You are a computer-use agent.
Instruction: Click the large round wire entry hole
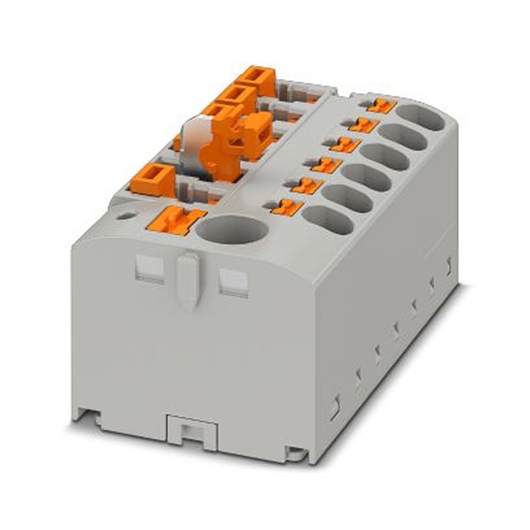[232, 229]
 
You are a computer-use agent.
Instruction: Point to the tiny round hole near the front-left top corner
[126, 216]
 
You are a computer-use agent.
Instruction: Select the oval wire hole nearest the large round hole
[328, 219]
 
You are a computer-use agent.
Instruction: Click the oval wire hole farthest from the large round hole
[420, 117]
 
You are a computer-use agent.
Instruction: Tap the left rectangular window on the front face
[149, 268]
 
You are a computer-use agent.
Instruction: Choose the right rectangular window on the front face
[233, 281]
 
